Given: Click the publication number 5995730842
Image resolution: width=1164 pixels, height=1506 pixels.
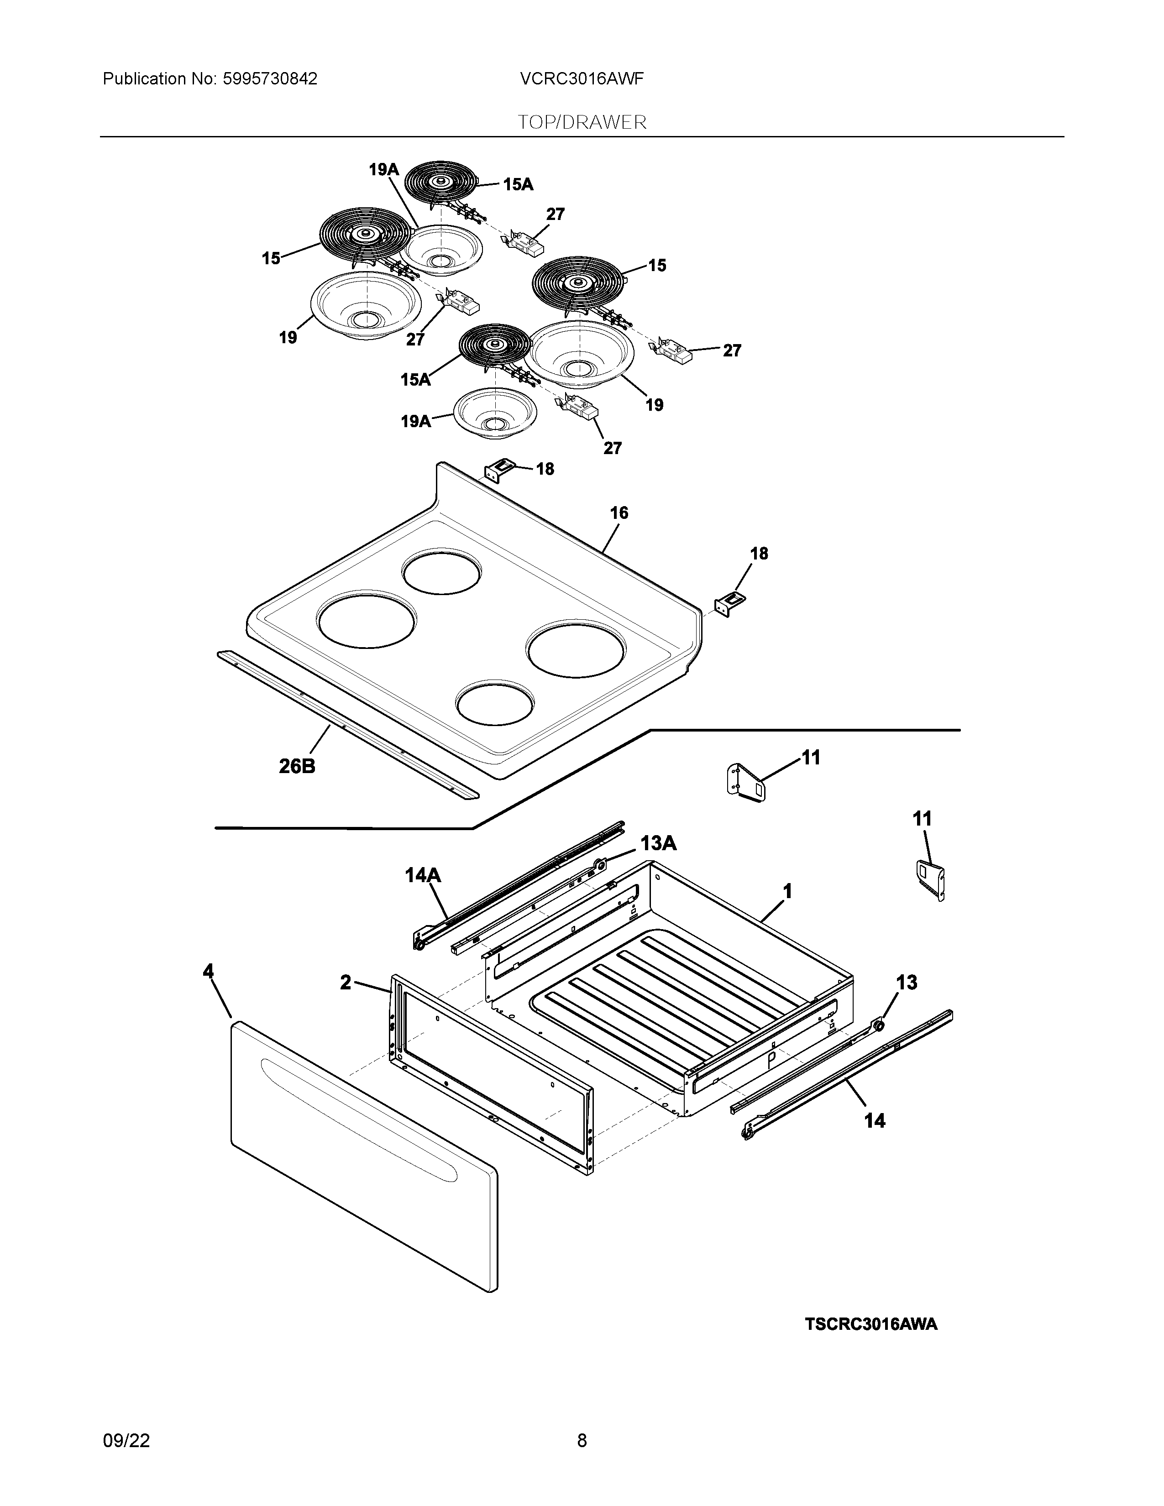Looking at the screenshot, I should (x=270, y=79).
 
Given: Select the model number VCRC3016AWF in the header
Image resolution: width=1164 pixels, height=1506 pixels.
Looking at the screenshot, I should (x=582, y=79).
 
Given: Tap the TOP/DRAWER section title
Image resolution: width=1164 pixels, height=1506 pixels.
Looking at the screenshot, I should (x=582, y=123).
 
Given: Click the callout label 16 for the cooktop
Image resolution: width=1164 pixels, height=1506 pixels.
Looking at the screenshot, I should (x=619, y=513).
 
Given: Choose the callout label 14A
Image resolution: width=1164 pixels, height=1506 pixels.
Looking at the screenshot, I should (x=423, y=876).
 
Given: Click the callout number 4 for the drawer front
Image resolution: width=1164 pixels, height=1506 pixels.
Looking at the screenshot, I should (x=208, y=972).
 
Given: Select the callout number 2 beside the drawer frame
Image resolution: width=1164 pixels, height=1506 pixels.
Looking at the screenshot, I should (x=346, y=983).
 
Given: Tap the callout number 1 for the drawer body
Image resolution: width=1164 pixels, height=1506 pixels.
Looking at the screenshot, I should (x=787, y=892).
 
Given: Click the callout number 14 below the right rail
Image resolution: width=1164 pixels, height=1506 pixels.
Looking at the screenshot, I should (x=875, y=1121).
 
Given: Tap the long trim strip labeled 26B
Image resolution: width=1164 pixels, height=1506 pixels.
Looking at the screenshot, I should (x=345, y=724).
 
